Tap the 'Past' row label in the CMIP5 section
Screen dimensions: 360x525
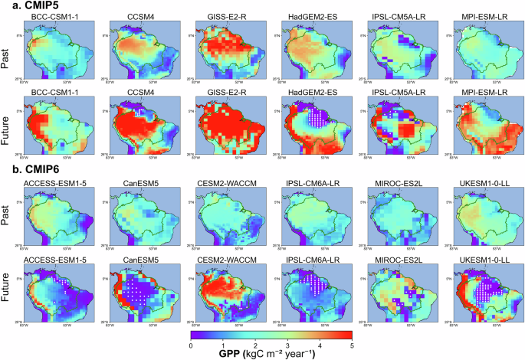[x=7, y=54]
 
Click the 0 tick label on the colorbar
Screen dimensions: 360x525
[x=191, y=345]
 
